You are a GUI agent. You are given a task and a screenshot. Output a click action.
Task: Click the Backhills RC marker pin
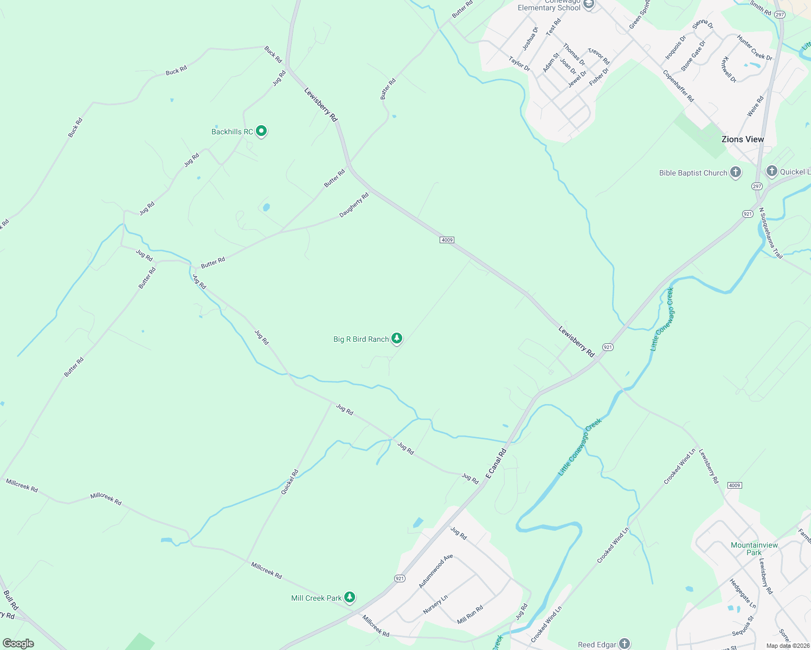(261, 131)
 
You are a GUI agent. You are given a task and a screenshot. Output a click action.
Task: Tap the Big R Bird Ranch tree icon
(397, 339)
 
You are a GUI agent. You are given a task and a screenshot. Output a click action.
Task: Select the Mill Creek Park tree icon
(350, 597)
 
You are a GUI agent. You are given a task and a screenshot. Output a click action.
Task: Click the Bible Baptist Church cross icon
(735, 172)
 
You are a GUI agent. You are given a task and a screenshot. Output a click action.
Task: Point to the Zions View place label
(742, 139)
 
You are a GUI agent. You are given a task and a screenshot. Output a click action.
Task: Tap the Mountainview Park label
(754, 549)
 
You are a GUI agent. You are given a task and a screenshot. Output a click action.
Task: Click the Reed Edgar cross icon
(625, 643)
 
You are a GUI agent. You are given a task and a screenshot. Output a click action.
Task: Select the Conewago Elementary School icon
(589, 4)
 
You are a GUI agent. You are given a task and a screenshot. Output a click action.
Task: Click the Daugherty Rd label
(354, 205)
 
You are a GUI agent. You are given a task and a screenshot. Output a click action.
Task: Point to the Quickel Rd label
(289, 482)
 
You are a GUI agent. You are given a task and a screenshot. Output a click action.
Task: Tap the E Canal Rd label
(495, 463)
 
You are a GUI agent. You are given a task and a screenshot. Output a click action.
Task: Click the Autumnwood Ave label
(435, 571)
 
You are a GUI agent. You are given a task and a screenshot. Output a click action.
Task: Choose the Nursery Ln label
(435, 604)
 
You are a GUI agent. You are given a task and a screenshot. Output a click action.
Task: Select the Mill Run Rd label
(470, 614)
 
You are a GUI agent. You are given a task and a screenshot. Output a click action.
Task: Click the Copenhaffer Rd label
(678, 86)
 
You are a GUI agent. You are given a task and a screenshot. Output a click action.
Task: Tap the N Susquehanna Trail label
(770, 233)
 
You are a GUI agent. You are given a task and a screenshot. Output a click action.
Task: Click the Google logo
(18, 643)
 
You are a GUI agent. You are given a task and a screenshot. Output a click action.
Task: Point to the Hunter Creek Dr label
(754, 48)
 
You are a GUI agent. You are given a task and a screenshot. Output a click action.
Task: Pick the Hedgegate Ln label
(742, 593)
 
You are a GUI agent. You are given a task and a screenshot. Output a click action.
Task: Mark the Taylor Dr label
(519, 63)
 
